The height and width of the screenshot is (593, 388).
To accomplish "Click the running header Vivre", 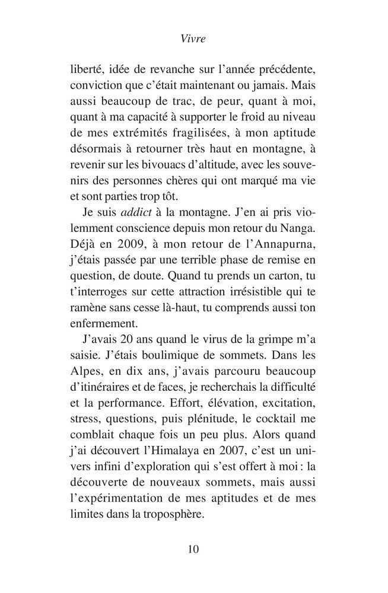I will (x=193, y=40).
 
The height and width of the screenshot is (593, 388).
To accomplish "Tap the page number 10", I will (x=193, y=549).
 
